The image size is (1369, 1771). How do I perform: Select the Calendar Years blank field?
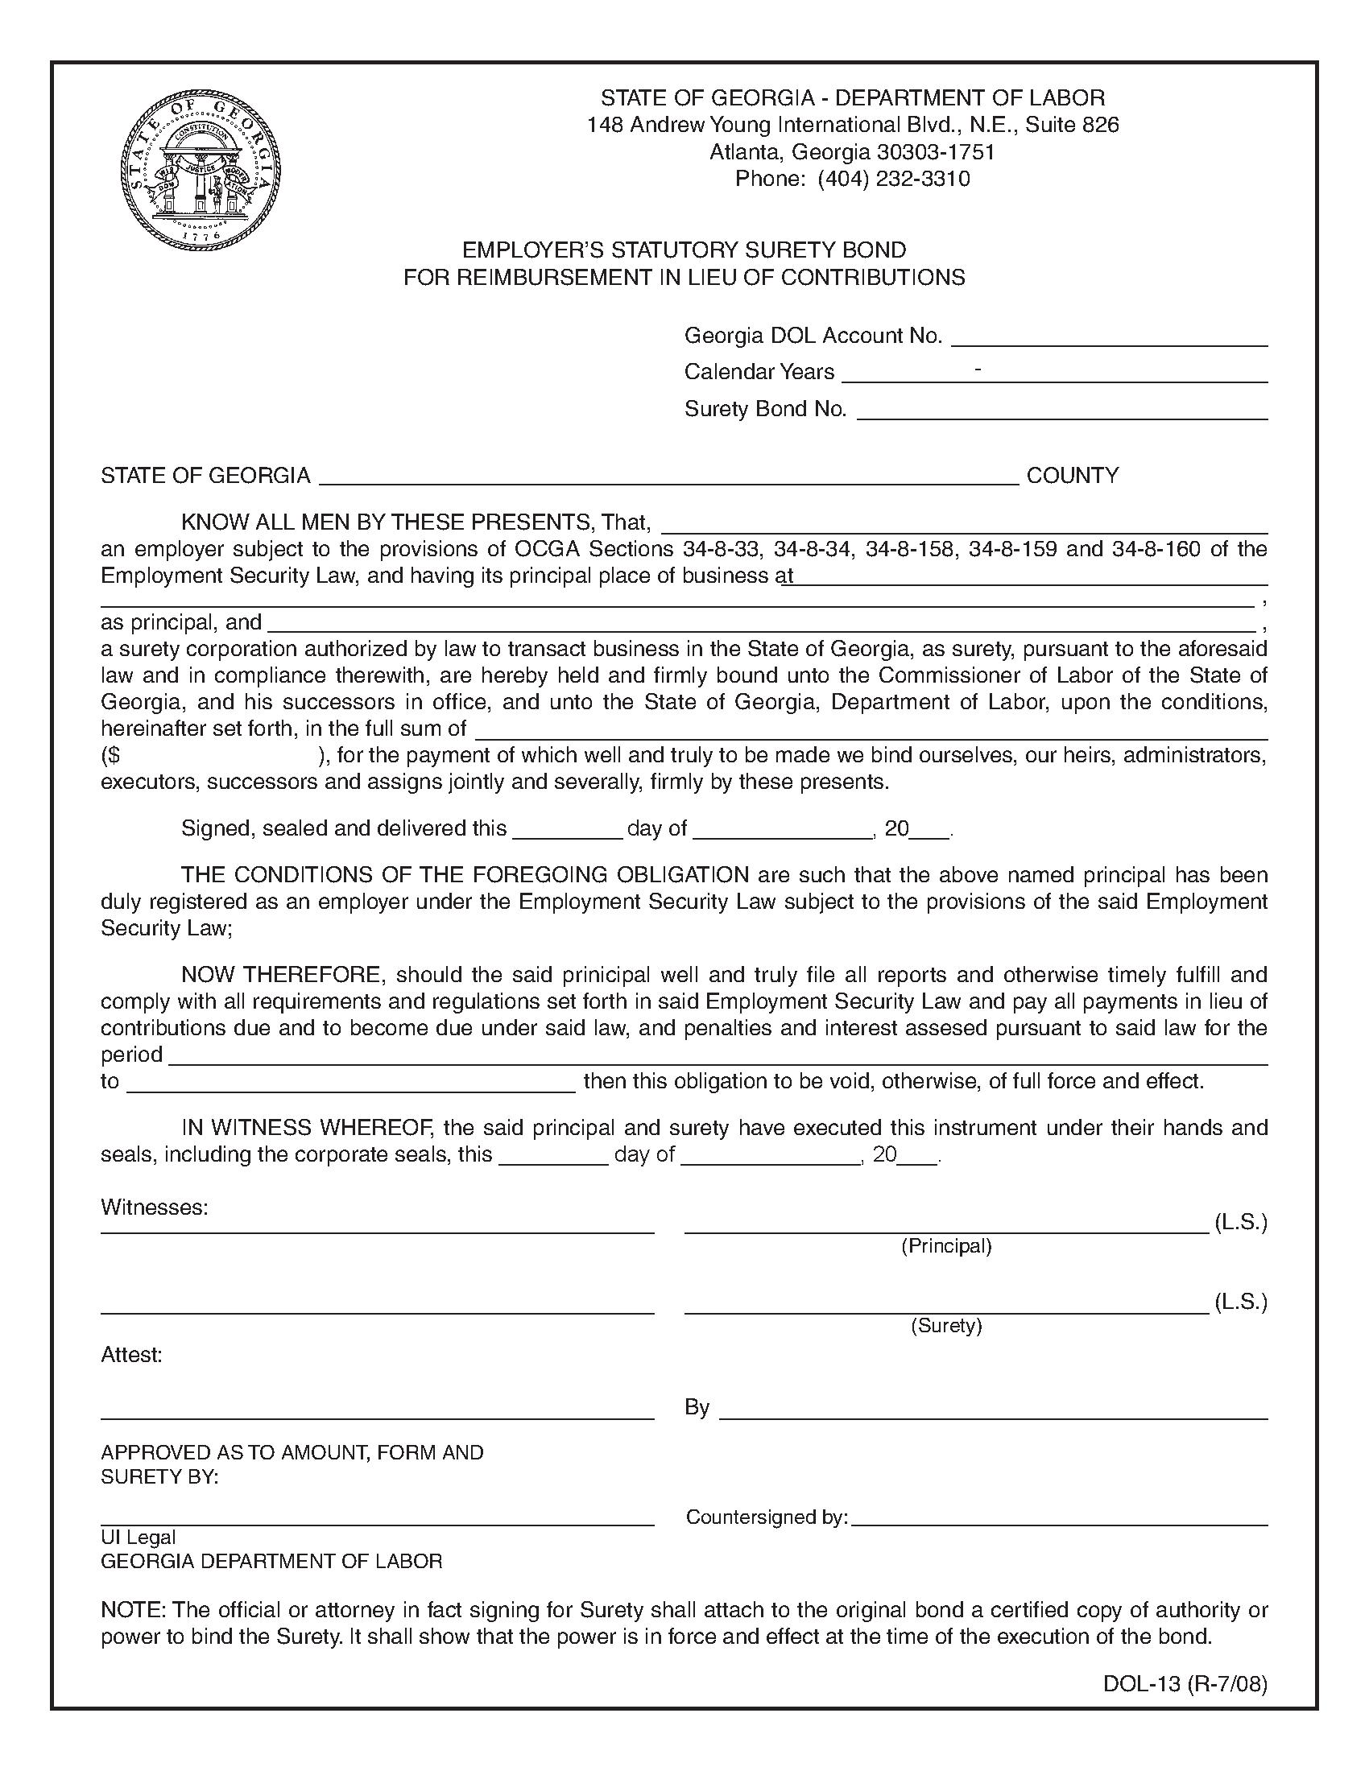(1054, 374)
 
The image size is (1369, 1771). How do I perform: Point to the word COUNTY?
(1072, 475)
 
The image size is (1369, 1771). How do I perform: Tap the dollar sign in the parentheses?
(113, 756)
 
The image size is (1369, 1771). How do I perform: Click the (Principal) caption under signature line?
(945, 1246)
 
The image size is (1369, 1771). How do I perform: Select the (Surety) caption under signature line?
(945, 1326)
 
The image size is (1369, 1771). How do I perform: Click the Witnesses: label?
(154, 1207)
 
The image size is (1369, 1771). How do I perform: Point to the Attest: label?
(131, 1355)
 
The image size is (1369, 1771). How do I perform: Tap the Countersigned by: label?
(767, 1517)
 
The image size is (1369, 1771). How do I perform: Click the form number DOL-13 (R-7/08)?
(1184, 1684)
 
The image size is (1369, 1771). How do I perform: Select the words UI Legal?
(138, 1538)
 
